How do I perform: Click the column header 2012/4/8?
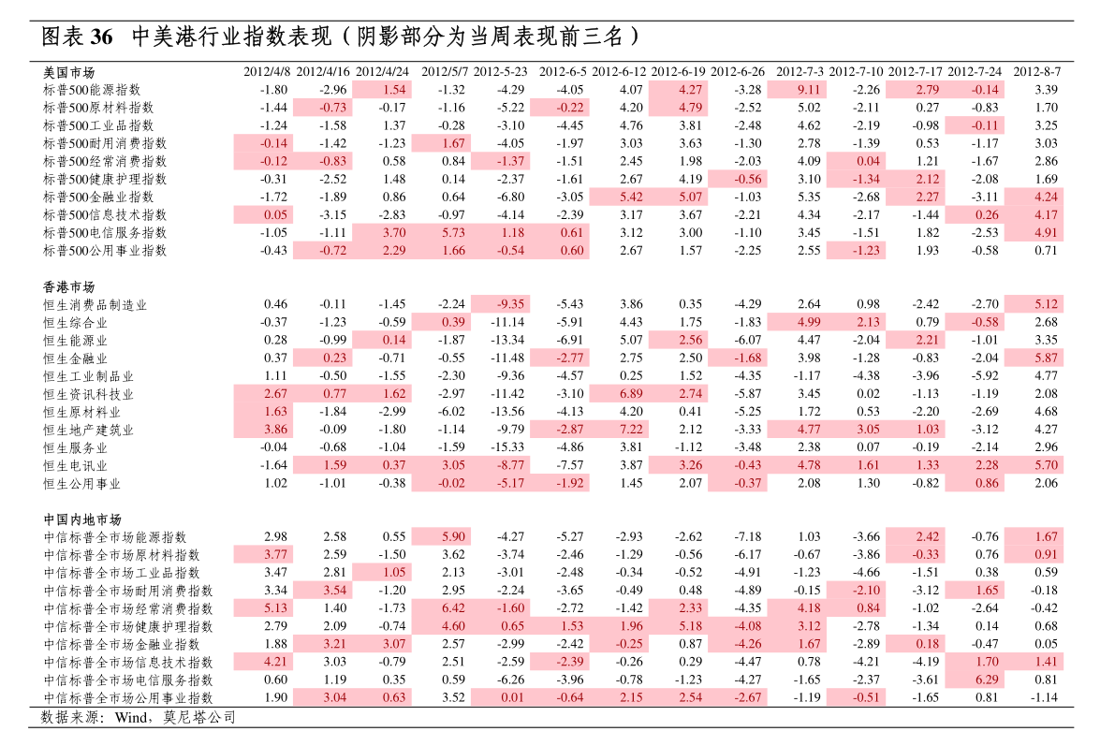pos(267,72)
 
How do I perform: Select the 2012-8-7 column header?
pos(1036,72)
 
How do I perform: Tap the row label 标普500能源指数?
pos(92,90)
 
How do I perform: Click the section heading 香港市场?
pos(68,286)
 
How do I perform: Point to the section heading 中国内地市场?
pos(82,519)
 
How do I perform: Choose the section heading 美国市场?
pos(68,72)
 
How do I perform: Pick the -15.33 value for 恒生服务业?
pos(507,447)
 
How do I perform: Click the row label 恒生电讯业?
pos(75,466)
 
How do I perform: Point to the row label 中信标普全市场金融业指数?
pos(122,644)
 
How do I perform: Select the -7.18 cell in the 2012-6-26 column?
pos(747,537)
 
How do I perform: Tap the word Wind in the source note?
pos(131,718)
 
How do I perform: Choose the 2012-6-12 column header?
pos(620,72)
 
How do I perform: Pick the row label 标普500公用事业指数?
pos(105,250)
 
